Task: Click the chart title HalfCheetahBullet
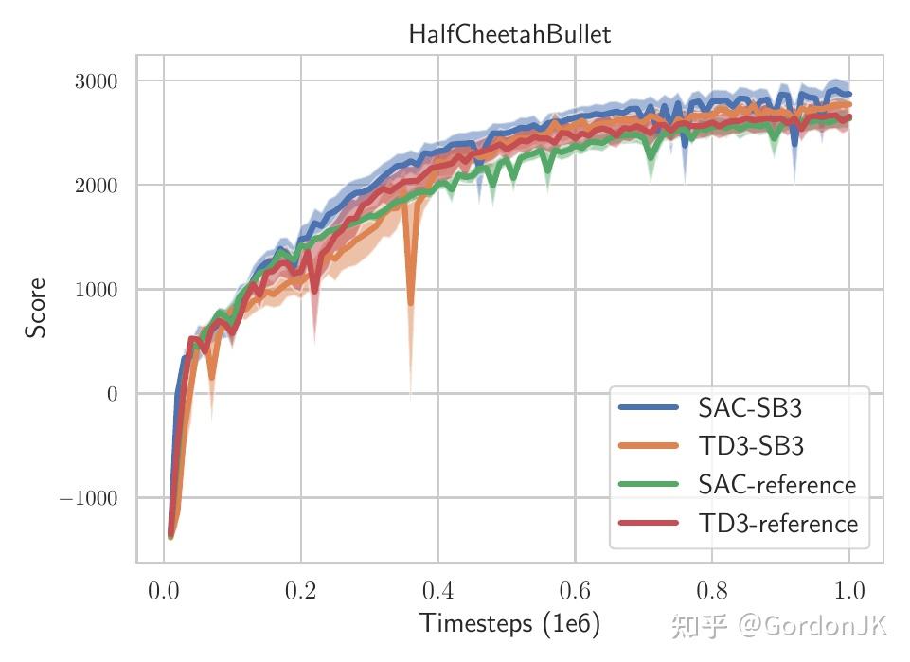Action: click(509, 34)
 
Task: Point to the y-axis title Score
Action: click(36, 308)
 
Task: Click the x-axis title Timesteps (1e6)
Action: click(509, 623)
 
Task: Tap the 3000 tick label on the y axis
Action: click(96, 81)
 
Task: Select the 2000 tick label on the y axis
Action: click(96, 186)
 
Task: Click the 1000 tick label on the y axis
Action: click(96, 290)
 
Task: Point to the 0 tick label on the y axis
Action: click(112, 394)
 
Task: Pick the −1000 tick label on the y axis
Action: click(88, 498)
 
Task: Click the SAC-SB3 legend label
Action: click(750, 408)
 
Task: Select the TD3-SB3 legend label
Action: click(750, 446)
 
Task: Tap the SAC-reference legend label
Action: click(776, 485)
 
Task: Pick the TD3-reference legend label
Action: click(777, 524)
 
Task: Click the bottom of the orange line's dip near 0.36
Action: click(410, 304)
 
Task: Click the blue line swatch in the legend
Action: click(649, 408)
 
